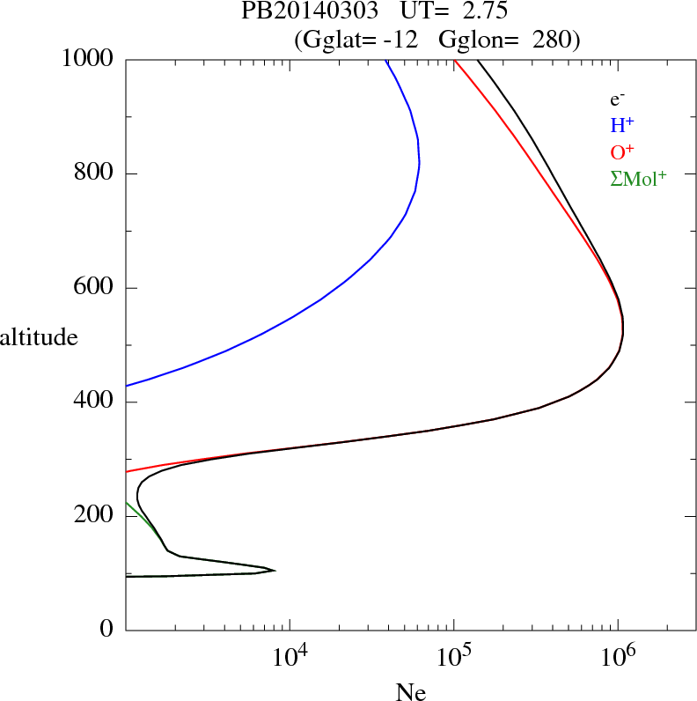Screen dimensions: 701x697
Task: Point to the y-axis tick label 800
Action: pyautogui.click(x=94, y=173)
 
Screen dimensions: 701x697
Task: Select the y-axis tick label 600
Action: pyautogui.click(x=94, y=288)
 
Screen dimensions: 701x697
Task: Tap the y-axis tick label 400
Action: pyautogui.click(x=94, y=402)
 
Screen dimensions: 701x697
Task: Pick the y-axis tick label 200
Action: pyautogui.click(x=94, y=516)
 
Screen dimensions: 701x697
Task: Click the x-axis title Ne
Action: pyautogui.click(x=409, y=692)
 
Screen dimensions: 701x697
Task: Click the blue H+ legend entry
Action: pyautogui.click(x=623, y=125)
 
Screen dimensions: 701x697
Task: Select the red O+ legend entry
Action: pyautogui.click(x=623, y=151)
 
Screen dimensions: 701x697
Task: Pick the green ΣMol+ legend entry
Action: pyautogui.click(x=638, y=178)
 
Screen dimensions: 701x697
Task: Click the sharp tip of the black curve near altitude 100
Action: pyautogui.click(x=275, y=571)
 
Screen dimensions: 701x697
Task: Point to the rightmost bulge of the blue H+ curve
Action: pyautogui.click(x=420, y=164)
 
